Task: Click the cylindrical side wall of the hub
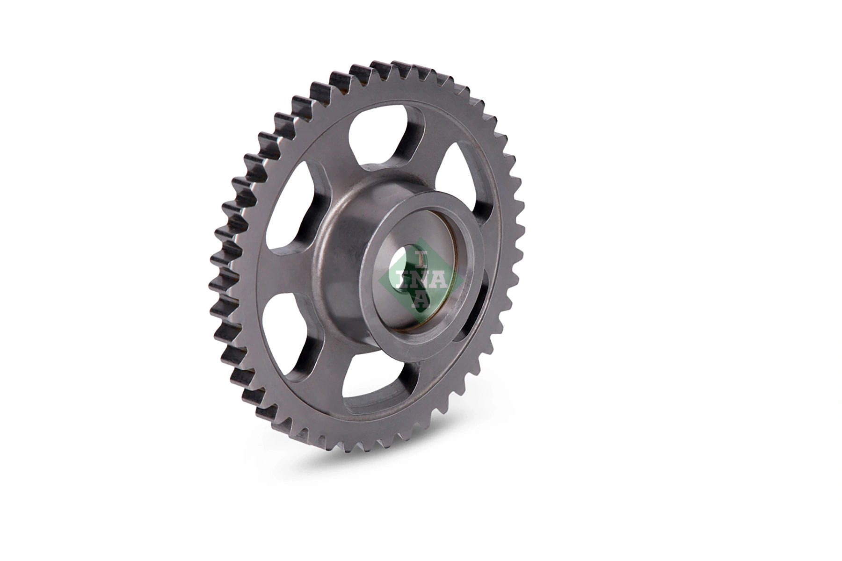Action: (341, 262)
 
